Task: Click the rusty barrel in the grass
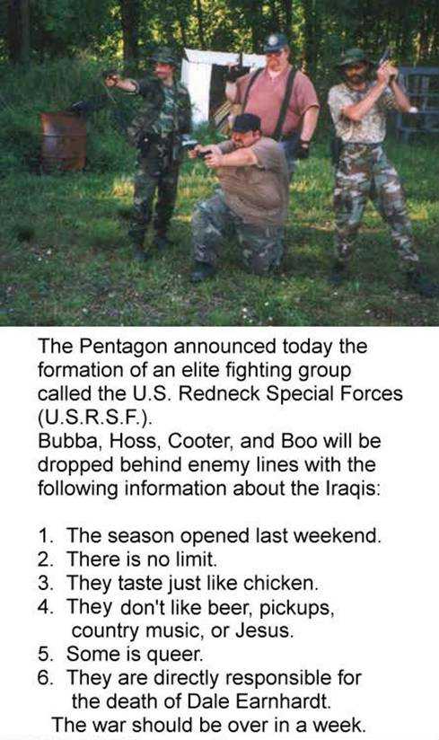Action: click(63, 141)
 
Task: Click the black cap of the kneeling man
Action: click(246, 123)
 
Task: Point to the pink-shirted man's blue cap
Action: click(276, 42)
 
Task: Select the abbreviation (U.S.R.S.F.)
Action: click(94, 418)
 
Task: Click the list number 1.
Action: click(46, 536)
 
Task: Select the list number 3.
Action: click(46, 584)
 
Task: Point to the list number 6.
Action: click(46, 678)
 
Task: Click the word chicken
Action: click(281, 584)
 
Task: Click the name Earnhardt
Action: click(283, 701)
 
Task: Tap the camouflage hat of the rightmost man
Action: click(354, 57)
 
